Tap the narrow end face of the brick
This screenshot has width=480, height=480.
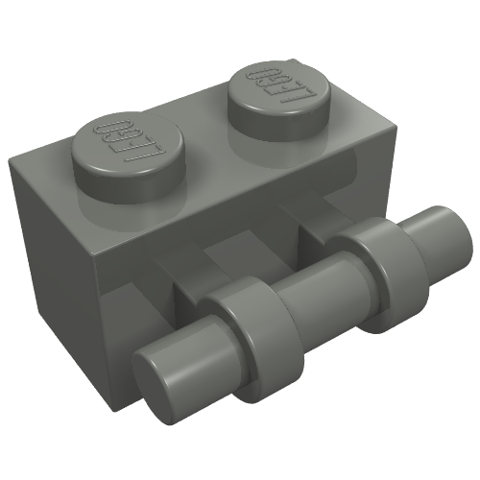[53, 240]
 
